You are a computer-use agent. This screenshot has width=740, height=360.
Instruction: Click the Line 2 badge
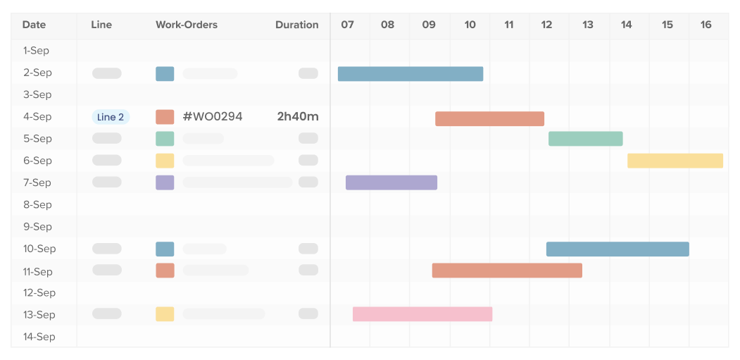111,117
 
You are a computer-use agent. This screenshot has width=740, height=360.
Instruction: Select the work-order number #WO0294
212,117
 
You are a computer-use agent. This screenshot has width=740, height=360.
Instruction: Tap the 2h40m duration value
298,117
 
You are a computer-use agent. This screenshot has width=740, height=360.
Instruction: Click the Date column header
34,25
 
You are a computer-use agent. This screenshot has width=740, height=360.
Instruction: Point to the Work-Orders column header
187,25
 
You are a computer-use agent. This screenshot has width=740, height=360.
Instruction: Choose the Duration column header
296,25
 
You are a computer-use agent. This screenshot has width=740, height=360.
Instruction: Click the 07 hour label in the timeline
347,25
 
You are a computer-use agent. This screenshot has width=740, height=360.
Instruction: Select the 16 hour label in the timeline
705,25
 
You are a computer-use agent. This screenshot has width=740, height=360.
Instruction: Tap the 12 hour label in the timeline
546,25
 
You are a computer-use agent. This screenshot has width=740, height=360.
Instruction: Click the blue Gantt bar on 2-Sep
410,74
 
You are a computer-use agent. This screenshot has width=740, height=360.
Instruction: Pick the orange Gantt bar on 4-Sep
489,118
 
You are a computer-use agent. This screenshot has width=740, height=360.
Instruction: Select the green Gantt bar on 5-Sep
585,139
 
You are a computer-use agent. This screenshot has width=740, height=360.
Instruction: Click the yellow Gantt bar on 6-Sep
675,161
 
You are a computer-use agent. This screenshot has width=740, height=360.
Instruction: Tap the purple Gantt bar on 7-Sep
391,182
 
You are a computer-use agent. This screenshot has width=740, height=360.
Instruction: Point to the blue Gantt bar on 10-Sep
617,249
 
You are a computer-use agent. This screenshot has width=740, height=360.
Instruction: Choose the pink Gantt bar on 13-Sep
422,314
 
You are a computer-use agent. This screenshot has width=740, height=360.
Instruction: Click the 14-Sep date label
39,337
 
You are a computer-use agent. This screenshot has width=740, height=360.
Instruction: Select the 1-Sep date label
37,51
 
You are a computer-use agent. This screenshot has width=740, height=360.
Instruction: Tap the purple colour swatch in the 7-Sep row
165,182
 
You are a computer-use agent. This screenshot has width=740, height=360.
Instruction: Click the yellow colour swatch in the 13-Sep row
165,314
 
